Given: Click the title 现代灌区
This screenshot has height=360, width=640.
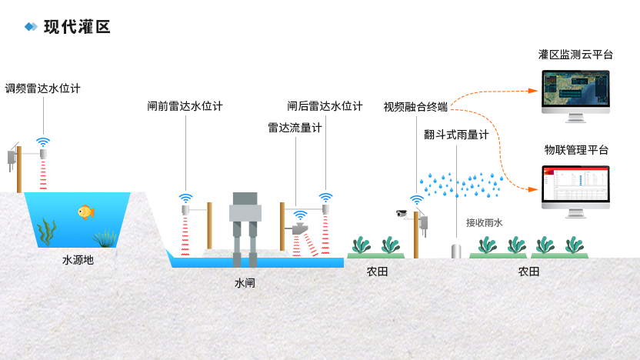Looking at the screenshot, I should tap(77, 27).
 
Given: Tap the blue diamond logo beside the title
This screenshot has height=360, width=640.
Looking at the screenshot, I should tap(31, 27).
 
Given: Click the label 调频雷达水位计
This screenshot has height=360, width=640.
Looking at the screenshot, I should tap(42, 88).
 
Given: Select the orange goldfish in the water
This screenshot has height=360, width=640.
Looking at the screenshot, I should tap(85, 212).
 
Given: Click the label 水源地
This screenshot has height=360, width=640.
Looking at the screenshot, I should tap(78, 260).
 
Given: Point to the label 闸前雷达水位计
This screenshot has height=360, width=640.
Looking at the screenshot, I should tap(185, 106).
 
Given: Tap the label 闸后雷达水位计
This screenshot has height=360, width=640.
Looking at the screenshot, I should tap(325, 106).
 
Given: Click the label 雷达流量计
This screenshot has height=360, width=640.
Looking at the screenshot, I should tap(295, 128).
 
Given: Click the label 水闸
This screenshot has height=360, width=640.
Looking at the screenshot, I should tap(245, 282).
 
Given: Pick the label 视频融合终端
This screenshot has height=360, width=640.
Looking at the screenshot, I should tap(415, 106).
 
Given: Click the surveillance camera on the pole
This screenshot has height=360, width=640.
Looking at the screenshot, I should tap(402, 213).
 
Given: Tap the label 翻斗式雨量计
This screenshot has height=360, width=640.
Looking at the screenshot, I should tap(456, 135).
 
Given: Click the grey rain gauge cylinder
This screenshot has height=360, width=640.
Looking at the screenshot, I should tap(455, 251).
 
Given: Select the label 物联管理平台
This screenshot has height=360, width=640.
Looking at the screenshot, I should tap(576, 149).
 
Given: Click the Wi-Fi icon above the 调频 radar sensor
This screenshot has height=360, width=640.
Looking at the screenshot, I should tap(43, 142).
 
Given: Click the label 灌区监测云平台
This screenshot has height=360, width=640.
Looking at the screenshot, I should tap(575, 55).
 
